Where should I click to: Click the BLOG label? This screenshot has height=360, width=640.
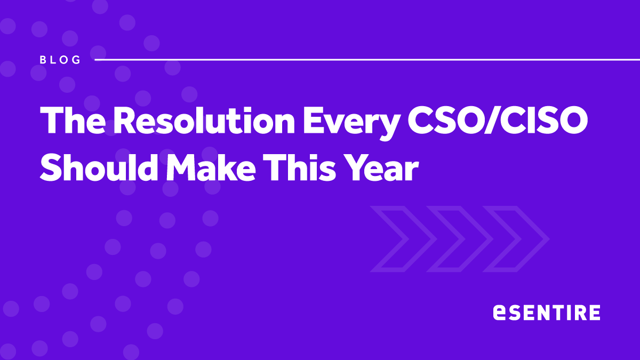coord(60,60)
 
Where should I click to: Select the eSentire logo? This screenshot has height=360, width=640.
coord(547,313)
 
